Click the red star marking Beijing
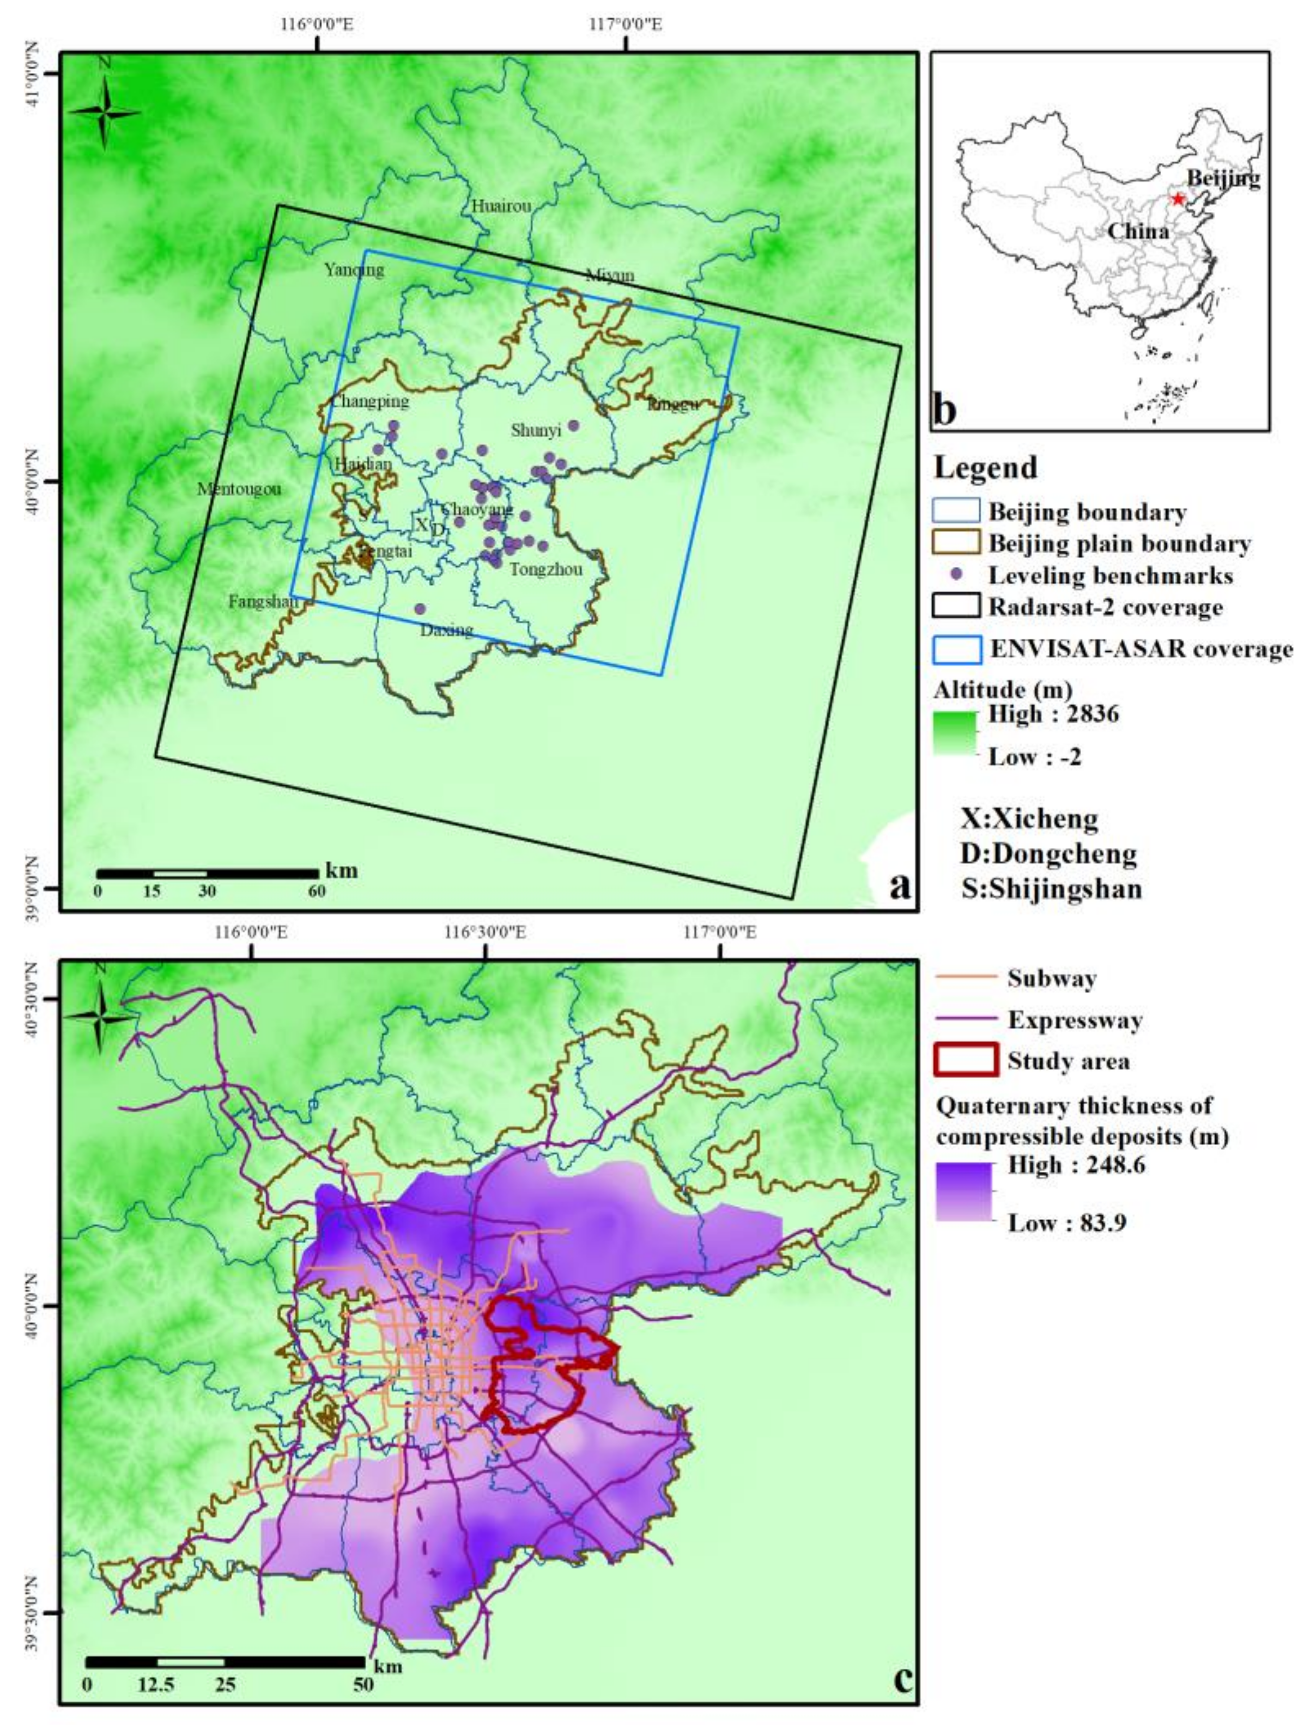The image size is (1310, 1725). click(x=1178, y=199)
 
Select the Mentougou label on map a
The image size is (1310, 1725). click(x=239, y=490)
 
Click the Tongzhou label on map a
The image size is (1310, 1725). click(x=545, y=569)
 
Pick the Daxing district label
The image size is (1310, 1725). click(x=446, y=630)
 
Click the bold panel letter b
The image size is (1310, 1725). click(x=945, y=410)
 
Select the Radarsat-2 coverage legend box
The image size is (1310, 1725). click(x=956, y=606)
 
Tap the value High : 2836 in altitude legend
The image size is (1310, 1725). click(x=1053, y=713)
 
